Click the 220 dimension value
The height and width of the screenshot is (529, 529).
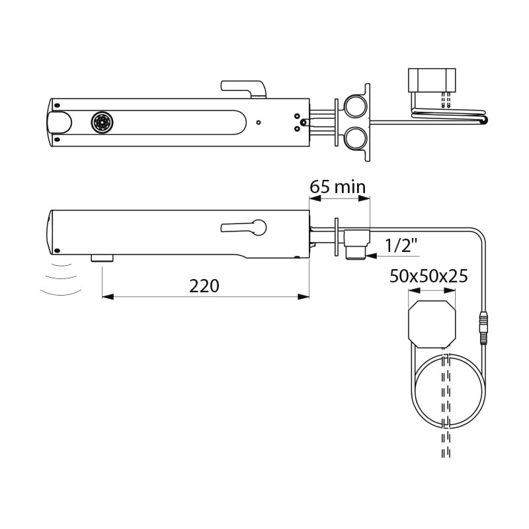point(204,286)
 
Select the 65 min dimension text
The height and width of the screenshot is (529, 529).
point(338,186)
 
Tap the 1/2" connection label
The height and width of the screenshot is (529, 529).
point(401,245)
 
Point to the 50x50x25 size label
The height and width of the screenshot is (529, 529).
point(428,276)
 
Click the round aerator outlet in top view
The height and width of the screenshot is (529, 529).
point(102,122)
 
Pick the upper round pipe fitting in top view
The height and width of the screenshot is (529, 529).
point(355,106)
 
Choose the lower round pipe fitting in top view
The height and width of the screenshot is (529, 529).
point(355,138)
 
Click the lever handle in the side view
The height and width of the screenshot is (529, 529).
point(243,227)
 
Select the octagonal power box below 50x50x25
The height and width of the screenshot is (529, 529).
point(432,324)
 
